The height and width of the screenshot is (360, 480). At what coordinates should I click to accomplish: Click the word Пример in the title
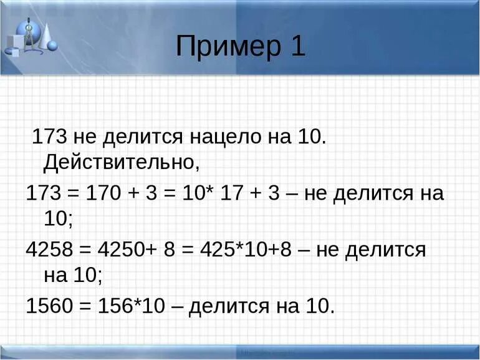[228, 47]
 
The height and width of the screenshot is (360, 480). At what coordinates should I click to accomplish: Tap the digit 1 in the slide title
[296, 46]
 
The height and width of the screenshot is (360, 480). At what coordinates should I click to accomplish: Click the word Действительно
[122, 163]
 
